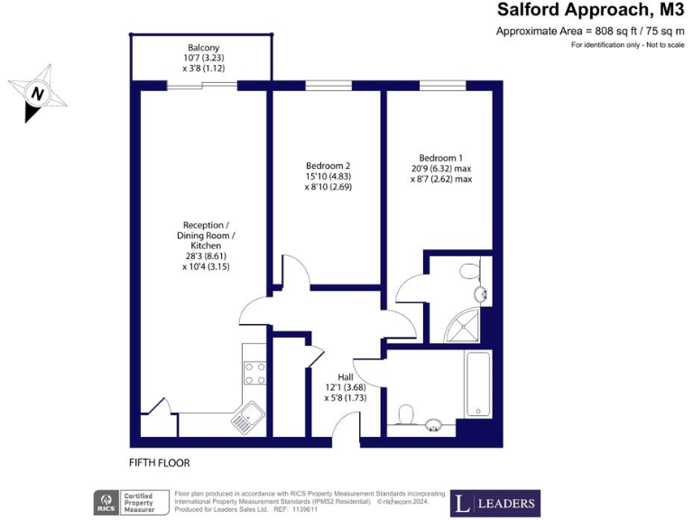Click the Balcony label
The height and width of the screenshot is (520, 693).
tap(203, 48)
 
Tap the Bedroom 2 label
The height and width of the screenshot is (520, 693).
tap(328, 166)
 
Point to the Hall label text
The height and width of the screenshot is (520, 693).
tap(346, 376)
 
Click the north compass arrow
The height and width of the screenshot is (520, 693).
tap(36, 93)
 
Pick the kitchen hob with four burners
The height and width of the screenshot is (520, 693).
tap(254, 373)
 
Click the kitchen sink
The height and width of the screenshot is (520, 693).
tap(245, 418)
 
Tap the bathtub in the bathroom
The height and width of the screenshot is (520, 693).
tap(476, 385)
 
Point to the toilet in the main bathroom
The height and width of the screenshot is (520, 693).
tap(406, 414)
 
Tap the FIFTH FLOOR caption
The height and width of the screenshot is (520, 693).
tap(160, 463)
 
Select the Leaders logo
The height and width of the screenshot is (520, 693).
tap(494, 503)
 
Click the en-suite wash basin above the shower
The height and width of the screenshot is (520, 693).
tap(481, 292)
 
